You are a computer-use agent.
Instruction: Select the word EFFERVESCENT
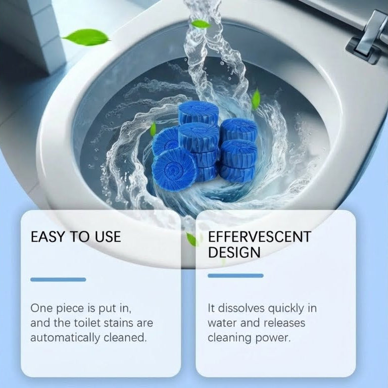pyautogui.click(x=260, y=236)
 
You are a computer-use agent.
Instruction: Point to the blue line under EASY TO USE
pyautogui.click(x=58, y=279)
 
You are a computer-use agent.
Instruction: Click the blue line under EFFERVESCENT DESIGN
pyautogui.click(x=235, y=276)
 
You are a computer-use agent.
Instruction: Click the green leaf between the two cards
pyautogui.click(x=191, y=239)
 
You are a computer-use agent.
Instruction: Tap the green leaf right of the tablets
pyautogui.click(x=256, y=97)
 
